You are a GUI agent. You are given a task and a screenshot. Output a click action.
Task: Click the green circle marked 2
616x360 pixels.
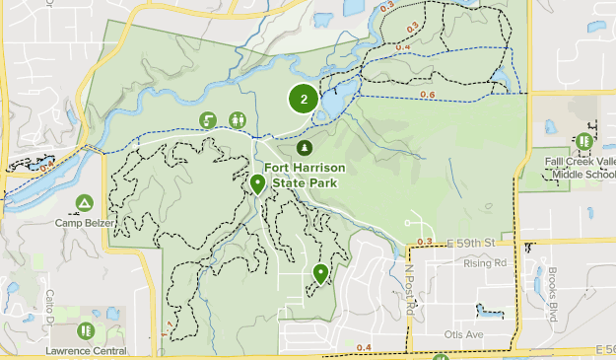(x=304, y=99)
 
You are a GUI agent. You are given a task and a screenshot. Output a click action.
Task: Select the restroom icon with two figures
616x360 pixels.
(x=238, y=119)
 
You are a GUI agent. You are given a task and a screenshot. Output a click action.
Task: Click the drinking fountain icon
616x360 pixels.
(x=209, y=119)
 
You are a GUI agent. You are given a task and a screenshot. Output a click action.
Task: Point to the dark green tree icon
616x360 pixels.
(x=305, y=147)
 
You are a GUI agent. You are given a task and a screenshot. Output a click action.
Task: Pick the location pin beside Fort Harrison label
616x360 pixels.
(x=257, y=183)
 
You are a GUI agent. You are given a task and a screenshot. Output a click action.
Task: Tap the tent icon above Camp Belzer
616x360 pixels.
(x=85, y=203)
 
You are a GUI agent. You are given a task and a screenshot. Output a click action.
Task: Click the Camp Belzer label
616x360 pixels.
(x=85, y=222)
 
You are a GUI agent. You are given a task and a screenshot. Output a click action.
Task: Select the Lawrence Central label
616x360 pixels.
(x=86, y=350)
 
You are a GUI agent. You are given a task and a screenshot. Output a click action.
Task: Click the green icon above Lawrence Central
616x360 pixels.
(x=86, y=330)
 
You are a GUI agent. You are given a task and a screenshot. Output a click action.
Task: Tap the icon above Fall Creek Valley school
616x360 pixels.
(x=584, y=141)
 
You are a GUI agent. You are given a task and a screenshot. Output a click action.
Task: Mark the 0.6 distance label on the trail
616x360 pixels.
(x=427, y=95)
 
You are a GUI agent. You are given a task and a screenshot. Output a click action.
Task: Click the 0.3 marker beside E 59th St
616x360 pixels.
(x=425, y=242)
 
